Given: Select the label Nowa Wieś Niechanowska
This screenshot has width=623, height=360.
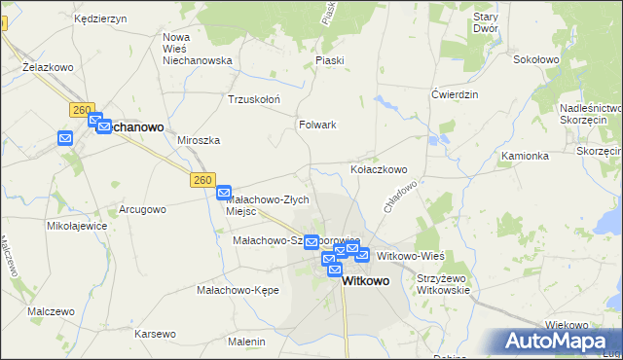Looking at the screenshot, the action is (197, 49).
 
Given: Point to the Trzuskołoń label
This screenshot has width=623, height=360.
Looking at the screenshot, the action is (253, 99).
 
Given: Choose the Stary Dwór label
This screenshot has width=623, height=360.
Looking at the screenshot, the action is (485, 22).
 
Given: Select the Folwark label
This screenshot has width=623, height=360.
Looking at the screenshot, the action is (317, 125).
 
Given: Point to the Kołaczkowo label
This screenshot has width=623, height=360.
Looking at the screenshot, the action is (379, 169).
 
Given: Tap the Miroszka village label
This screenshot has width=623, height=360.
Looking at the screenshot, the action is (199, 140).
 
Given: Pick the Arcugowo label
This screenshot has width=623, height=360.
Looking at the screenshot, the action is (142, 209).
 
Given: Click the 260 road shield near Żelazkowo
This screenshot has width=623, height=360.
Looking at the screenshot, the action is (80, 111).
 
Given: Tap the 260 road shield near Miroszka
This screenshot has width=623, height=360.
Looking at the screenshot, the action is (202, 180).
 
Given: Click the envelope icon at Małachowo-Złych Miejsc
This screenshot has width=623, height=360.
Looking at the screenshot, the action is (223, 193).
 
